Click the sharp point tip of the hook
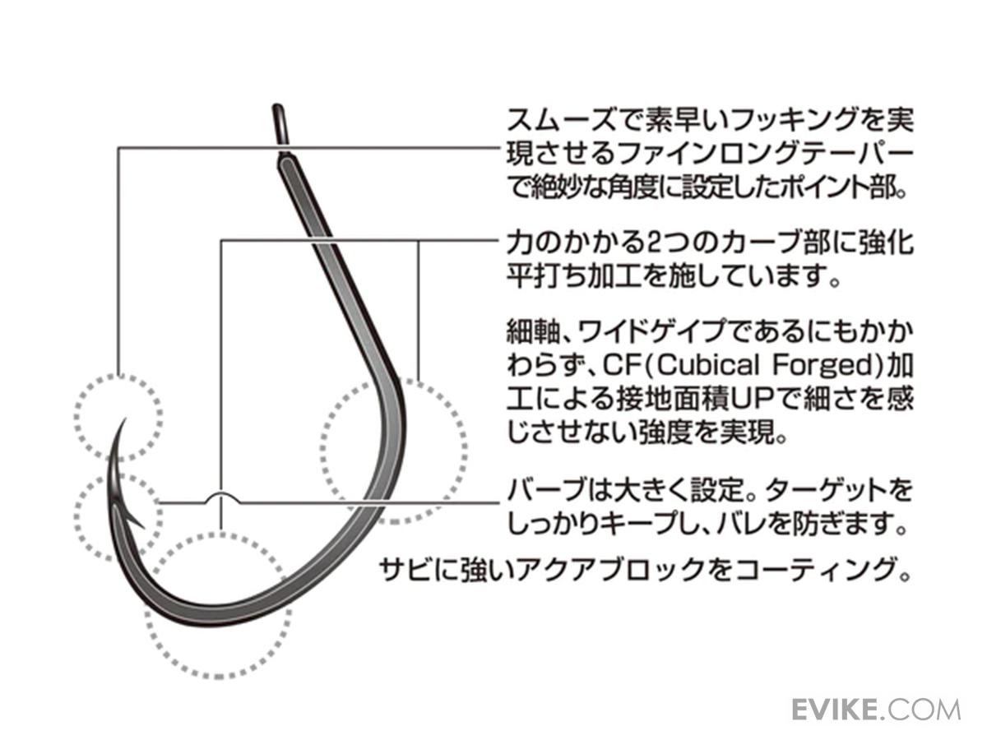123,420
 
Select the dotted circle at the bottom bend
218,604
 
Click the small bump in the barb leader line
221,496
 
